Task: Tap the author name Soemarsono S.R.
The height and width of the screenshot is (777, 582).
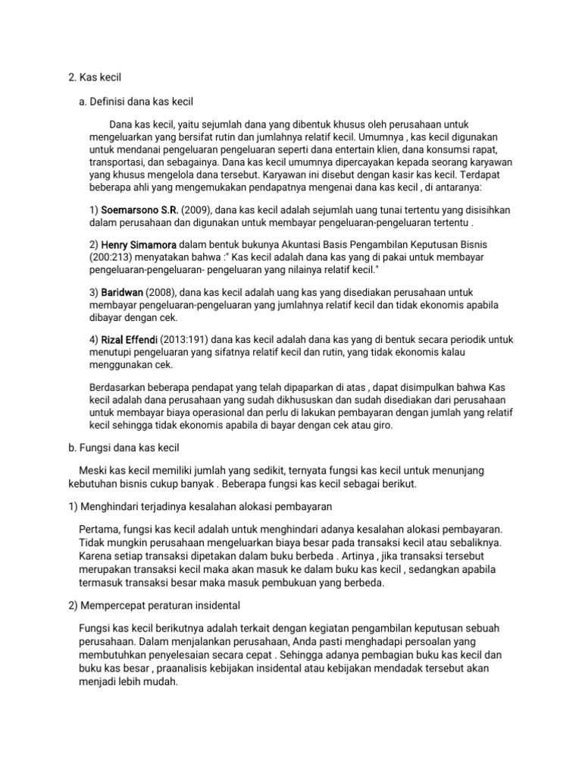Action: tap(136, 209)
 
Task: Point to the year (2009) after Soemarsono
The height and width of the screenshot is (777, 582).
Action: tap(194, 209)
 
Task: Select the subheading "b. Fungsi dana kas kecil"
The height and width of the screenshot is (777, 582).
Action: tap(123, 448)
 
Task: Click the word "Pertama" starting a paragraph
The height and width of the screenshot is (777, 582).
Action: tap(99, 527)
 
